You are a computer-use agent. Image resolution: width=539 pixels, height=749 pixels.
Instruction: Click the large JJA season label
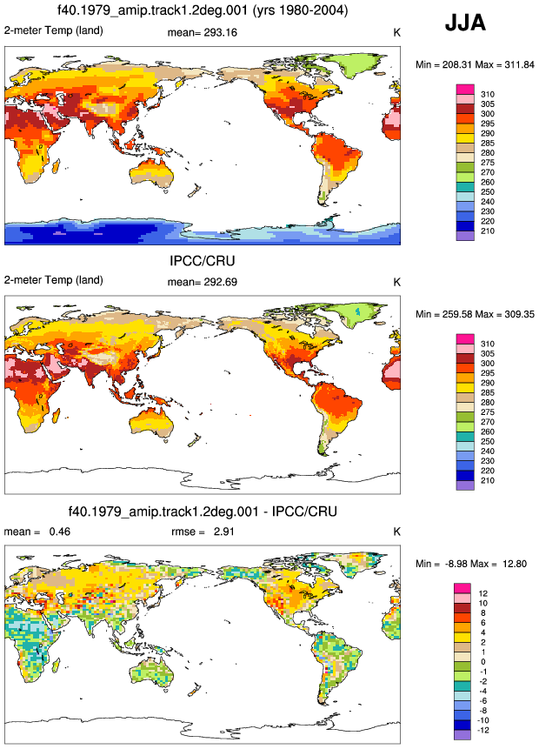tap(465, 23)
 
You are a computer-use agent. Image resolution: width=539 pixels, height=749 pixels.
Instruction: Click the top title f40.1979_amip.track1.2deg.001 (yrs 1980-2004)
tap(203, 10)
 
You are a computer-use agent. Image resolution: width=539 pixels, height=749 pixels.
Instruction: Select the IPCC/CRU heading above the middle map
tap(203, 261)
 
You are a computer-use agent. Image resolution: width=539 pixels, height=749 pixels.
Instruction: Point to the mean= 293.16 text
tap(203, 32)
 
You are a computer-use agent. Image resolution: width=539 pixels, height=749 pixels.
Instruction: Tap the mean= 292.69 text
tap(203, 282)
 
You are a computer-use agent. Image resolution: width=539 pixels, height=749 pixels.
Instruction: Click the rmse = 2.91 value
tap(203, 532)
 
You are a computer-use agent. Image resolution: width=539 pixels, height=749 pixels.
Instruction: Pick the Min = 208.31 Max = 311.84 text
tap(475, 64)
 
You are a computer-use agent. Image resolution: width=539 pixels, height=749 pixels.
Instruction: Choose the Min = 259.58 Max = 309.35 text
tap(475, 314)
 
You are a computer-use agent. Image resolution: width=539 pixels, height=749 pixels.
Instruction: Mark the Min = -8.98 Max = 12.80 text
tap(471, 564)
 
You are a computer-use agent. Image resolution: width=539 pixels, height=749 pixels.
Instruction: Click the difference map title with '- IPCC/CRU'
tap(203, 512)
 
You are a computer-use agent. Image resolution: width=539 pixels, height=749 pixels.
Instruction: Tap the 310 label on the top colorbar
tap(488, 94)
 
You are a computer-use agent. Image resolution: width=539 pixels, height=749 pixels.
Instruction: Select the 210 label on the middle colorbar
tap(488, 480)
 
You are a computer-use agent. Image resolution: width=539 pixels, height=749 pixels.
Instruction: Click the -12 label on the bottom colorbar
tap(483, 730)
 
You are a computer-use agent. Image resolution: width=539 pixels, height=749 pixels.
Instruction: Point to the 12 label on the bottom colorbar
tap(483, 593)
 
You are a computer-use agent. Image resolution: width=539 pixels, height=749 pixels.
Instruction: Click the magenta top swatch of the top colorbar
tap(465, 90)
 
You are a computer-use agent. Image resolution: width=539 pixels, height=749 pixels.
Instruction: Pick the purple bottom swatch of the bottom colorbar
tap(462, 735)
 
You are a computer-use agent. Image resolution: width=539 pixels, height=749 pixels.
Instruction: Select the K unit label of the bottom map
tap(396, 532)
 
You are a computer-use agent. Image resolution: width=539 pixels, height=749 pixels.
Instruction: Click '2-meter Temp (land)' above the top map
tap(54, 30)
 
